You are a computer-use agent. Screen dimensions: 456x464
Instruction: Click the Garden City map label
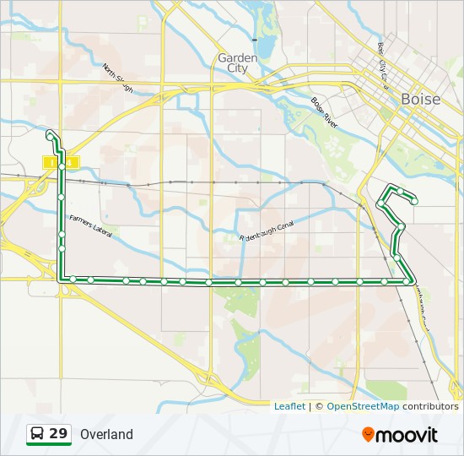[x=238, y=62]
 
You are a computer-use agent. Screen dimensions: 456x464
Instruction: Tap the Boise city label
[x=420, y=99]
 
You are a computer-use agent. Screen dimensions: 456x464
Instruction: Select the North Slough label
[x=118, y=78]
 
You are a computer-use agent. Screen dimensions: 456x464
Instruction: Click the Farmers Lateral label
[x=90, y=225]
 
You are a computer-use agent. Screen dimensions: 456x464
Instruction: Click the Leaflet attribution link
[x=289, y=406]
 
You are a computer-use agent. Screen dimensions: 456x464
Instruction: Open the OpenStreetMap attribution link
[x=363, y=406]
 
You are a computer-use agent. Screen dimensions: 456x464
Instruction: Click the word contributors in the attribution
[x=430, y=406]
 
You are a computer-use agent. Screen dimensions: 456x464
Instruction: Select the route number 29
[x=58, y=434]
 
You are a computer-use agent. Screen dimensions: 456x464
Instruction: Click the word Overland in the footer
[x=107, y=435]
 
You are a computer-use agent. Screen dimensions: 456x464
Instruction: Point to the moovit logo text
[x=407, y=435]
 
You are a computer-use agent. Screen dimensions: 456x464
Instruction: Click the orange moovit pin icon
[x=368, y=435]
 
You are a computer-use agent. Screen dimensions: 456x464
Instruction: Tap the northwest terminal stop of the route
[x=51, y=135]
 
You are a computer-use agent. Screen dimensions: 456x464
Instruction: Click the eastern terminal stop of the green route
[x=414, y=201]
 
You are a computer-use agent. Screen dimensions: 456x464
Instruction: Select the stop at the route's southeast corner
[x=409, y=280]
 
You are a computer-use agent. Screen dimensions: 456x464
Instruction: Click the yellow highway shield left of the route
[x=50, y=161]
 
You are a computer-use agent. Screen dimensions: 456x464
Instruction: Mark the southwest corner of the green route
[x=60, y=279]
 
